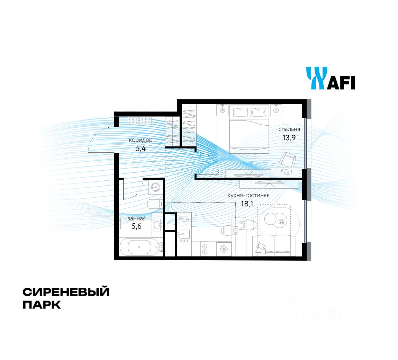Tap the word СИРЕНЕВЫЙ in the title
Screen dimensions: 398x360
[x=66, y=292]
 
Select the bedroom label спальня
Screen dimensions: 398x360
[x=289, y=129]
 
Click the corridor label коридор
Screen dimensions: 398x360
[x=141, y=140]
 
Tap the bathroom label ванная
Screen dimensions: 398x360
[x=136, y=218]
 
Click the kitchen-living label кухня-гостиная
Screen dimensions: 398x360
[x=248, y=195]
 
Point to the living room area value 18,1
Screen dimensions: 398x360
[x=247, y=204]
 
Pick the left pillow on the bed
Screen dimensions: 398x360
[x=241, y=112]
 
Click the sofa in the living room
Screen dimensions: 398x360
[x=274, y=245]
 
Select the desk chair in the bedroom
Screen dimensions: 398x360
[x=288, y=160]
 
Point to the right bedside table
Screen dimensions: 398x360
[x=276, y=110]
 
